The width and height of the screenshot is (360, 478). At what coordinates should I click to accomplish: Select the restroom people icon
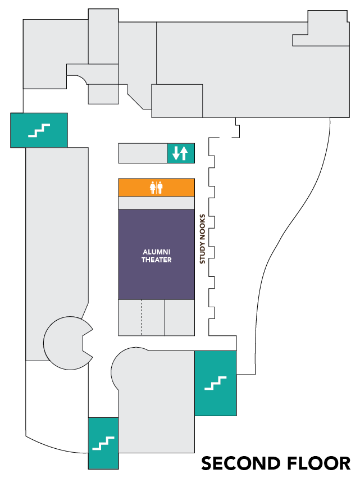pyautogui.click(x=156, y=188)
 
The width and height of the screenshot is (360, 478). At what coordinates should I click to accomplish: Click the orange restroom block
pyautogui.click(x=135, y=188)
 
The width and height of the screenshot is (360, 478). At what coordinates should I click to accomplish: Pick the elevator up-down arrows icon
pyautogui.click(x=180, y=153)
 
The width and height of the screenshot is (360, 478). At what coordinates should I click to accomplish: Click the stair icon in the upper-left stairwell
pyautogui.click(x=39, y=131)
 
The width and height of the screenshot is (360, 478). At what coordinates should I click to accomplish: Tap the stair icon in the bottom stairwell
pyautogui.click(x=103, y=444)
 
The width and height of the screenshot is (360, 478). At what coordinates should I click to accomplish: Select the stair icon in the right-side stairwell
pyautogui.click(x=215, y=384)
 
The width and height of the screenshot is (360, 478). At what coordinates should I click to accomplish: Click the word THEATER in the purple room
pyautogui.click(x=156, y=260)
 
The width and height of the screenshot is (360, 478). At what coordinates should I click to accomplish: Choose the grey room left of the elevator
pyautogui.click(x=143, y=153)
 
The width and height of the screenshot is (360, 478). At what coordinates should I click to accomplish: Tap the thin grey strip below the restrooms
pyautogui.click(x=156, y=203)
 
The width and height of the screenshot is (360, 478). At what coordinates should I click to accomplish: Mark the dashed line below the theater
pyautogui.click(x=142, y=317)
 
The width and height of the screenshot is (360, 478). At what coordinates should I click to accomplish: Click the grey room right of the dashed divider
pyautogui.click(x=153, y=317)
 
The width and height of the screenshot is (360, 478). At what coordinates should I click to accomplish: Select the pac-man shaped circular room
pyautogui.click(x=65, y=343)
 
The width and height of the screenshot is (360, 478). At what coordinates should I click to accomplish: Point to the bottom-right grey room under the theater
pyautogui.click(x=179, y=317)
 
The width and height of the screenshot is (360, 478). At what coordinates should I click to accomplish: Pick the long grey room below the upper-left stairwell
pyautogui.click(x=56, y=253)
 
